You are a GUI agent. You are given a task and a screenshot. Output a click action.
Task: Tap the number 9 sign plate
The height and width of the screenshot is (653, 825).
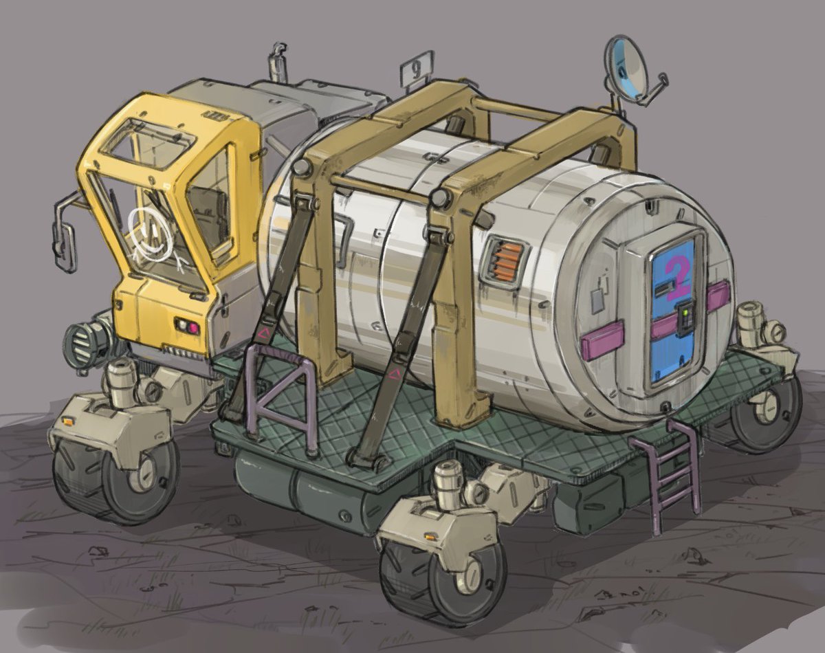click(x=417, y=69)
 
